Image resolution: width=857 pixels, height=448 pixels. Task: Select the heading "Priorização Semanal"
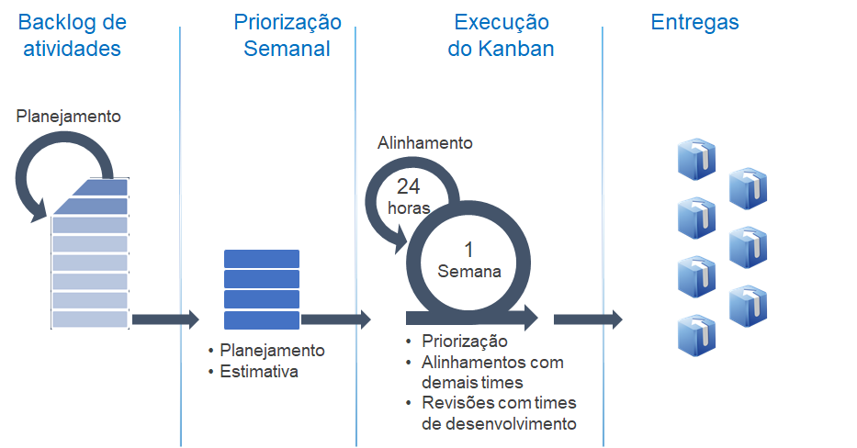(x=287, y=35)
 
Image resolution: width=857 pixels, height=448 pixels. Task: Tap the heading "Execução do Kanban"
(x=501, y=35)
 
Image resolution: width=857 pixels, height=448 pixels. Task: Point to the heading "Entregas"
(x=694, y=22)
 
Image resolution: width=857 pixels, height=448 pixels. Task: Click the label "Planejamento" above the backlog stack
(x=69, y=117)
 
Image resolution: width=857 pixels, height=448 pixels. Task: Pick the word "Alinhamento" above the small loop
(x=425, y=143)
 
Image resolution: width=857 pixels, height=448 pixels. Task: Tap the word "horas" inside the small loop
(x=410, y=207)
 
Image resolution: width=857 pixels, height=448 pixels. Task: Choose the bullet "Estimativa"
(x=259, y=372)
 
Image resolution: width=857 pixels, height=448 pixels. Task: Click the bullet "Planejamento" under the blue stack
(x=272, y=351)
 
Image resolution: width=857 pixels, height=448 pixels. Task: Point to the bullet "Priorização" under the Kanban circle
(x=464, y=342)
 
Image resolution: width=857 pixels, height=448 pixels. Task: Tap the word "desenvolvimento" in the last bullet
(x=500, y=423)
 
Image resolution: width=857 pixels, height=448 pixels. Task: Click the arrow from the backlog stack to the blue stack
(x=165, y=319)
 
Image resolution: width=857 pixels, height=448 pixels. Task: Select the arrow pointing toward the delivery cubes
(x=588, y=319)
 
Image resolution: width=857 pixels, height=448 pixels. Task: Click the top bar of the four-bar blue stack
(x=262, y=259)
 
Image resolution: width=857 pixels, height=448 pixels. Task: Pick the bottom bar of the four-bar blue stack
(x=262, y=320)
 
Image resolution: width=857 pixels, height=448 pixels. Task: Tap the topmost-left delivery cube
(x=696, y=160)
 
